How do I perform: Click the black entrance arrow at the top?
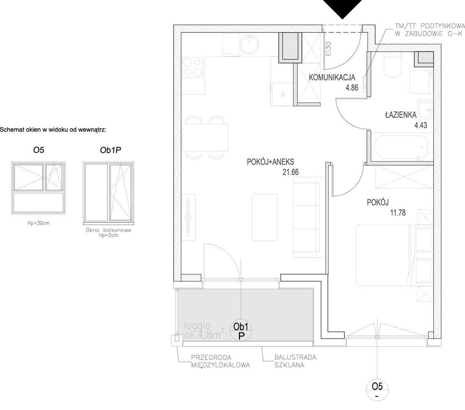(x=343, y=7)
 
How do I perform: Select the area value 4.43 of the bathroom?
(x=420, y=125)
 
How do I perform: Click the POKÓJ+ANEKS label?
(x=270, y=162)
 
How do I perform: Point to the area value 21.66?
(x=290, y=173)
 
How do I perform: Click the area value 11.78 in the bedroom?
(x=396, y=213)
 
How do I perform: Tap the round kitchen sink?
(x=249, y=45)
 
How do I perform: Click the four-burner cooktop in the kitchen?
(x=192, y=67)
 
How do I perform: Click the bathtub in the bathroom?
(x=400, y=148)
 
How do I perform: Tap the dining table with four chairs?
(x=205, y=138)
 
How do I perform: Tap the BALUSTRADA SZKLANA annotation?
(x=295, y=361)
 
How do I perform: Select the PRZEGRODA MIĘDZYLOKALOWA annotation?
(x=220, y=361)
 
